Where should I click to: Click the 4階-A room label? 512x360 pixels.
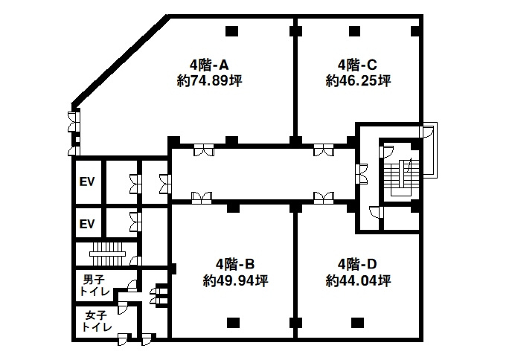[209, 65]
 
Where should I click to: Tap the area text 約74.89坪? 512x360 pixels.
[209, 80]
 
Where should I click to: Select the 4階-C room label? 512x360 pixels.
[357, 65]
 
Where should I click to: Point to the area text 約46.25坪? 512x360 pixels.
[358, 80]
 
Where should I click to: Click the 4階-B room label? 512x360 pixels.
[235, 264]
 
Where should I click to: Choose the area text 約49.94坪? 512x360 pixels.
[235, 280]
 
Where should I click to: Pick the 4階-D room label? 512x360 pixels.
[357, 264]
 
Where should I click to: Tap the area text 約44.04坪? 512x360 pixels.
[358, 280]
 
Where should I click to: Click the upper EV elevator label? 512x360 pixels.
[87, 181]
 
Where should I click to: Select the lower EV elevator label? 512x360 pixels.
[87, 224]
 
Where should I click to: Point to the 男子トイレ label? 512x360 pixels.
[95, 286]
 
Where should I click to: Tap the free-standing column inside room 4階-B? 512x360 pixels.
[233, 323]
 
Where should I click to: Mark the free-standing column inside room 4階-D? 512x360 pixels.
[357, 323]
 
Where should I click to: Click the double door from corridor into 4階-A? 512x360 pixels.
[204, 150]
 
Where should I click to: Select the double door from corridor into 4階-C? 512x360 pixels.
[324, 150]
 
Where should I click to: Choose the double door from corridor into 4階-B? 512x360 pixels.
[202, 197]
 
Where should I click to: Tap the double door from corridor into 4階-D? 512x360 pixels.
[324, 197]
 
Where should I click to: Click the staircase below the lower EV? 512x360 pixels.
[108, 254]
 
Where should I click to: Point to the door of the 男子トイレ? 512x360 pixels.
[132, 286]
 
